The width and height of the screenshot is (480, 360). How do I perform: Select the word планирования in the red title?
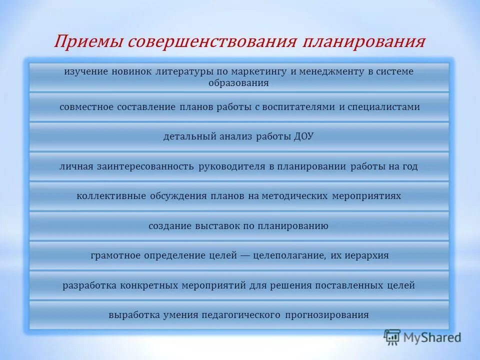click(363, 41)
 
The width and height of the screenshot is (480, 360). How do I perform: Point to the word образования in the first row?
click(238, 83)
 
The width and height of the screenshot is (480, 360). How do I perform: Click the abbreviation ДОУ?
click(303, 136)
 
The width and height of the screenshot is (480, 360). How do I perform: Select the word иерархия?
click(367, 255)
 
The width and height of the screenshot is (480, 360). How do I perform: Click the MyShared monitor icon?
click(392, 337)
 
